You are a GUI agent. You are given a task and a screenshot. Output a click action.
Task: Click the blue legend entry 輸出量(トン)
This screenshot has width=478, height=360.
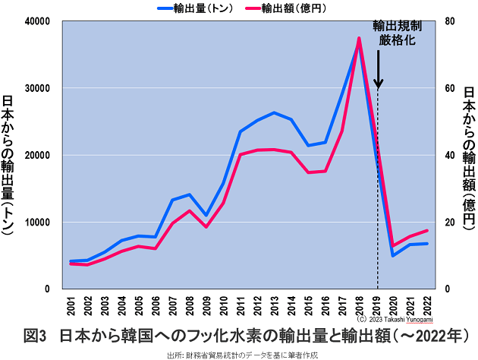pyautogui.click(x=196, y=8)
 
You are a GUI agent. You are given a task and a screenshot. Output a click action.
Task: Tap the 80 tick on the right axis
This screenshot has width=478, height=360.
pyautogui.click(x=449, y=21)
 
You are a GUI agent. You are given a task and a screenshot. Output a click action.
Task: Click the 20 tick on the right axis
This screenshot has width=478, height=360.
pyautogui.click(x=449, y=223)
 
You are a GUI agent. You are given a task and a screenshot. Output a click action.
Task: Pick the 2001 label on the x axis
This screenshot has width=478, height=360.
pyautogui.click(x=71, y=307)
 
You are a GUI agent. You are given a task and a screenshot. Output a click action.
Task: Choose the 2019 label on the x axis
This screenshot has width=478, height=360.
pyautogui.click(x=377, y=307)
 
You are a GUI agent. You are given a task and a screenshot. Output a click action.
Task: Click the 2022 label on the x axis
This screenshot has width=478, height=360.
pyautogui.click(x=428, y=307)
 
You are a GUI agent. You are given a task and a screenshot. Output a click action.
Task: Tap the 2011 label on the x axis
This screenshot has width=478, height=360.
pyautogui.click(x=241, y=307)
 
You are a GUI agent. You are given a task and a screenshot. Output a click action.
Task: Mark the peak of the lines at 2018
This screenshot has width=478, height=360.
pyautogui.click(x=359, y=39)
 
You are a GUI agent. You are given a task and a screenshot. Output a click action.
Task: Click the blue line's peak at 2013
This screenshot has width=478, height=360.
pyautogui.click(x=274, y=112)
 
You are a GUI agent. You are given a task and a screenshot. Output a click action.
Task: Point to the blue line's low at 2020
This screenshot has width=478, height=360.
pyautogui.click(x=393, y=255)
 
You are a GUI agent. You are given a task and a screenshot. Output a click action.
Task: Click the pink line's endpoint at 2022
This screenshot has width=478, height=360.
pyautogui.click(x=428, y=230)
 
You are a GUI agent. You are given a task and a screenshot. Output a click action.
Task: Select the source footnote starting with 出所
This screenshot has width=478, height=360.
pyautogui.click(x=240, y=354)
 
